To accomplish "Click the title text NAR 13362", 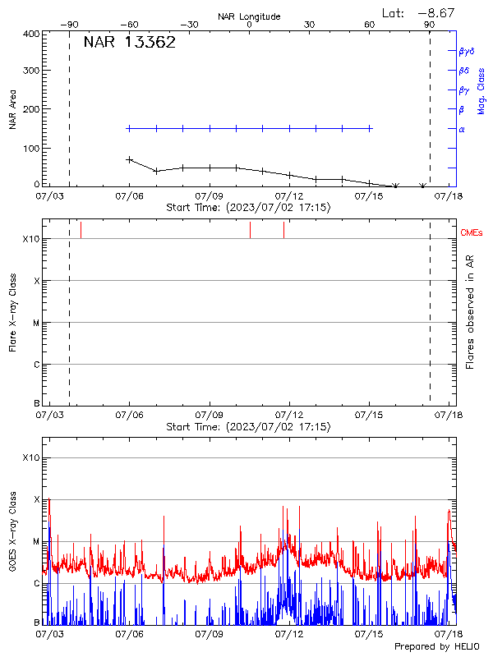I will click(129, 44).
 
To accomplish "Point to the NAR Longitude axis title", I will click(249, 16).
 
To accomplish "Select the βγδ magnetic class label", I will click(465, 51).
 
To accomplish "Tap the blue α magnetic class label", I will click(462, 129).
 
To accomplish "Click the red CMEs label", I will click(472, 234).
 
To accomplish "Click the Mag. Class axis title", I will click(481, 91).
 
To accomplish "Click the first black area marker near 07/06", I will click(129, 159).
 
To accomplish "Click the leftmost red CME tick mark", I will click(81, 229).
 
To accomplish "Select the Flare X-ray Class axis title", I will click(13, 311).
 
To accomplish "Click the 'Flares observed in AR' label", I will click(470, 311).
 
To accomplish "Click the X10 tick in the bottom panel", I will click(31, 457).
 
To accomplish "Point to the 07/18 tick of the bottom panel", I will click(449, 633).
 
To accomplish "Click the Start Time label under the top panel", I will click(249, 208).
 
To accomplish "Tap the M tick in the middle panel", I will click(36, 323).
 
